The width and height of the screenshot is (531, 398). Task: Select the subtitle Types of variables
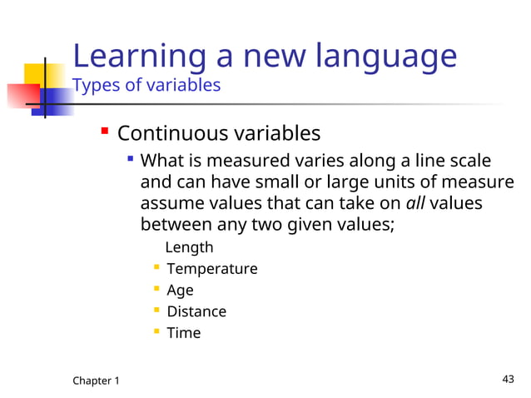(x=146, y=85)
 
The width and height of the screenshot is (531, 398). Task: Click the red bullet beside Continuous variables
(x=105, y=132)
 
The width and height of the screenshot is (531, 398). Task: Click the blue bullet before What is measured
(x=131, y=158)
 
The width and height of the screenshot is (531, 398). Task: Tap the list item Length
(x=189, y=247)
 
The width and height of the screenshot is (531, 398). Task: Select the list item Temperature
(x=212, y=269)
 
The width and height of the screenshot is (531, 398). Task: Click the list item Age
(x=180, y=291)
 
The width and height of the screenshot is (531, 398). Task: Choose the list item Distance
(x=196, y=311)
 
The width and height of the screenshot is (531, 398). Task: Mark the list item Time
(x=184, y=333)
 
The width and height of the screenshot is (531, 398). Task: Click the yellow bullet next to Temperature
(x=156, y=268)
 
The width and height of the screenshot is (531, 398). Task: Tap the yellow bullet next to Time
(x=156, y=332)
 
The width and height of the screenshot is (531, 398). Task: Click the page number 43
(x=509, y=380)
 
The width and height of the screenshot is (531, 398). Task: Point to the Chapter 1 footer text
(x=96, y=381)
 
